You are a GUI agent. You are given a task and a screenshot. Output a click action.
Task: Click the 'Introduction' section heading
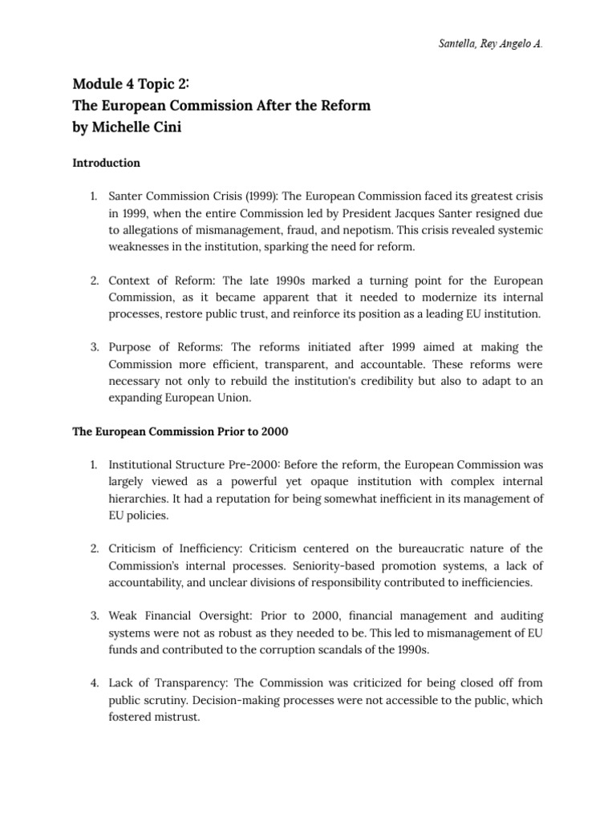(x=107, y=163)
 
